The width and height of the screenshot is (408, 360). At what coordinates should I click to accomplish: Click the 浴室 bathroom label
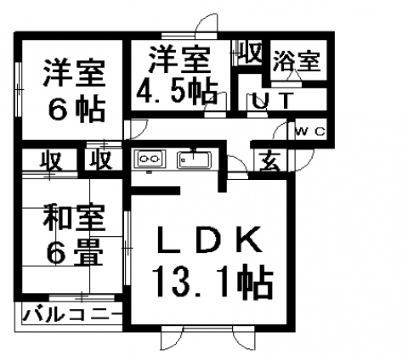(296, 61)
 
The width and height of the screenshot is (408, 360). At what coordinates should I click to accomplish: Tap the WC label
(310, 132)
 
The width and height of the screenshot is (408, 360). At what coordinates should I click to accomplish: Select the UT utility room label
(271, 100)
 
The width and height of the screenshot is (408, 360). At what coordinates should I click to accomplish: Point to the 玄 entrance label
(270, 161)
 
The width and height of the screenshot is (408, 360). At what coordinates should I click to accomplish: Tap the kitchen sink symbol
(194, 160)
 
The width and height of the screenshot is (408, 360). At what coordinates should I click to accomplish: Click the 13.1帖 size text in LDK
(212, 281)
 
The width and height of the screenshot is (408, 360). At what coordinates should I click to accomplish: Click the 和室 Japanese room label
(74, 217)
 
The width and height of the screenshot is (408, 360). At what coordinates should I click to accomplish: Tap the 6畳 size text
(75, 252)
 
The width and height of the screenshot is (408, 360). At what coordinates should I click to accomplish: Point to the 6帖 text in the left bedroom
(76, 109)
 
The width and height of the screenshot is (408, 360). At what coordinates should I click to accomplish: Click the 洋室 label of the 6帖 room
(74, 72)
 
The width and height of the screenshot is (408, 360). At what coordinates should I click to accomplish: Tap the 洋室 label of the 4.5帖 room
(180, 59)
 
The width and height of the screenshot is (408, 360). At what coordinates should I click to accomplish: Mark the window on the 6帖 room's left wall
(19, 89)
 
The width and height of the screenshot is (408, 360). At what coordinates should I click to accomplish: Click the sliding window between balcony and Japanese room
(82, 297)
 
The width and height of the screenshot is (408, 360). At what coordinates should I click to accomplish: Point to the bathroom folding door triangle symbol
(293, 76)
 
